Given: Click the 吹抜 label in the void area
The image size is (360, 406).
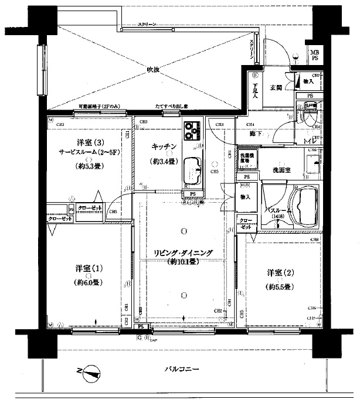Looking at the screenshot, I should tap(154, 70).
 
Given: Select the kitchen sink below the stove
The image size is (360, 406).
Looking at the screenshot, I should tap(192, 170).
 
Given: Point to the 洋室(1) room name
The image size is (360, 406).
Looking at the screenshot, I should tap(90, 268).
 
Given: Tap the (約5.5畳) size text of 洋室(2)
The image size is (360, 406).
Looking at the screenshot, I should tap(279, 286).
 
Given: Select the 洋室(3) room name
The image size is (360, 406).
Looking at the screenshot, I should tap(90, 142).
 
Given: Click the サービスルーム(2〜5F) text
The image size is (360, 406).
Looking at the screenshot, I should tap(90, 152).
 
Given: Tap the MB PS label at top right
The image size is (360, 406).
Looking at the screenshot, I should tap(314, 56).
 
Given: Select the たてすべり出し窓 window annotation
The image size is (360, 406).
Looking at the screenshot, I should tap(171, 106).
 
